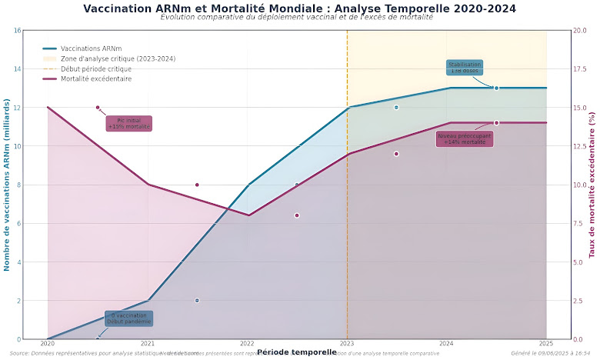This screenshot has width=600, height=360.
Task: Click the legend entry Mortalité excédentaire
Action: pos(96,78)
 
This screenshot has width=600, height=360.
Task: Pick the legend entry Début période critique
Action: pos(95,68)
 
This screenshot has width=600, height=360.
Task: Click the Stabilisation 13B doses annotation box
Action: pos(465,68)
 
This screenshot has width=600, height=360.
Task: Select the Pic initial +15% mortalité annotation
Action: pos(128,124)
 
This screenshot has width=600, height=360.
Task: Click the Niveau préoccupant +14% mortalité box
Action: pos(465,139)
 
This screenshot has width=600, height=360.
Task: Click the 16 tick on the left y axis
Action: pos(17,31)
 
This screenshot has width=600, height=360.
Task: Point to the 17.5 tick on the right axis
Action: pos(579,69)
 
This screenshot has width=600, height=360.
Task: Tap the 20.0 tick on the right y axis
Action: pos(579,31)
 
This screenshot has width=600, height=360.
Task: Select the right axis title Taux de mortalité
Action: pos(592,185)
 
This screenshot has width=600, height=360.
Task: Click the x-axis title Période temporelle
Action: pos(297,352)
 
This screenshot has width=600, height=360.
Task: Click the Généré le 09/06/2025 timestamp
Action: pos(555,354)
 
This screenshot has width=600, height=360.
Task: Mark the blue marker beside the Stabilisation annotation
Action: pos(496,88)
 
